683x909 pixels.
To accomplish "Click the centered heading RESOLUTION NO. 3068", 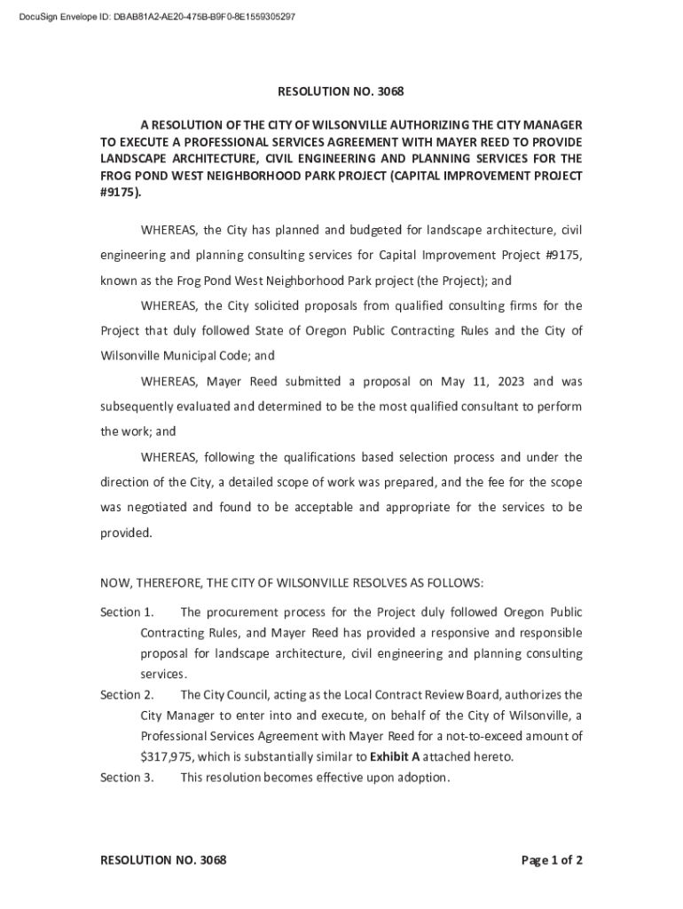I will click(341, 91).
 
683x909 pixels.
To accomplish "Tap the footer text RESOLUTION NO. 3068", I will click(163, 860).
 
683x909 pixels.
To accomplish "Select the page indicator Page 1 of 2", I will click(552, 860).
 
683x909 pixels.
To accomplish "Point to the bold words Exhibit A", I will click(395, 757).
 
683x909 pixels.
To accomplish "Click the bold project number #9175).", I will click(120, 193).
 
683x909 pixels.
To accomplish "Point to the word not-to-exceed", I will click(486, 737).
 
